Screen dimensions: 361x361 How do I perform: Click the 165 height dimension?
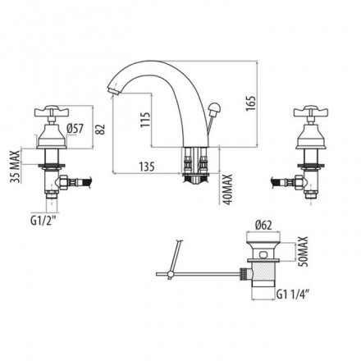tap(250, 103)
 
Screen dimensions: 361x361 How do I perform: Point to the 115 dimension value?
tap(145, 119)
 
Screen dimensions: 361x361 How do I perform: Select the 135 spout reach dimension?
tap(147, 167)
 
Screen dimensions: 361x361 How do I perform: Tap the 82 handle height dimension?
tap(101, 129)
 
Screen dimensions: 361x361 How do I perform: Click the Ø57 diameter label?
tap(75, 129)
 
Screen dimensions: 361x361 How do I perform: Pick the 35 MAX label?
tap(15, 167)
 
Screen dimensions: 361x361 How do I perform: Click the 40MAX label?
tap(227, 190)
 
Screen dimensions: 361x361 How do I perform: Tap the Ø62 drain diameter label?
tap(263, 226)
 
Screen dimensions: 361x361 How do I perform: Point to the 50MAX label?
tap(304, 251)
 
